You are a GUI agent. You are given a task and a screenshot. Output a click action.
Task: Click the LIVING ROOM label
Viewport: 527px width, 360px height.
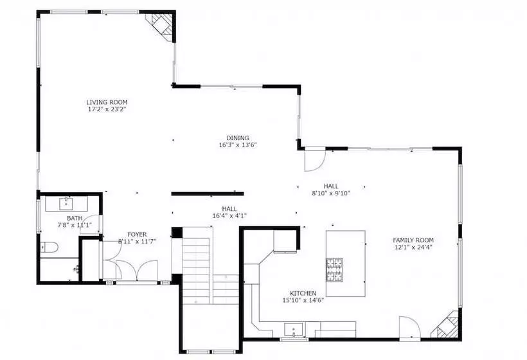tap(107, 102)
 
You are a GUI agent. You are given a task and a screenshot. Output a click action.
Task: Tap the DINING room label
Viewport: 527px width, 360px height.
tap(238, 138)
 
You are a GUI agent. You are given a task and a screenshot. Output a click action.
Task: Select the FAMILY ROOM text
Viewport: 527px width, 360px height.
tap(413, 240)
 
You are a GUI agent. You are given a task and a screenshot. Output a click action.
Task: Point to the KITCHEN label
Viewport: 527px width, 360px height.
tap(303, 293)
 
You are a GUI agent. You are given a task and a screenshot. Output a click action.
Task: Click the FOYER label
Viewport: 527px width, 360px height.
tap(137, 234)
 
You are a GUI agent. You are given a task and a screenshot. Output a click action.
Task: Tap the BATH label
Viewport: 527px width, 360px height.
tap(75, 218)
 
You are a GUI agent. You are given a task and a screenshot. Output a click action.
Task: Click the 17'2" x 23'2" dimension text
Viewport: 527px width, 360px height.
tap(107, 109)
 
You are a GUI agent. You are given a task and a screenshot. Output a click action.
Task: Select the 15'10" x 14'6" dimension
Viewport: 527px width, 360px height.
tap(303, 300)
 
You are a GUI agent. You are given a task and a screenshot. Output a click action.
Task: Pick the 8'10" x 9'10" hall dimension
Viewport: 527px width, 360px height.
tap(331, 194)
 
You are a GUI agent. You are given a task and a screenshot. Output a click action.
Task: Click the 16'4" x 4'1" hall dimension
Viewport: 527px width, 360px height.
tap(229, 216)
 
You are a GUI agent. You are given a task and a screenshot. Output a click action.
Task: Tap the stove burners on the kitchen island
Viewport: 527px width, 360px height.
tap(334, 270)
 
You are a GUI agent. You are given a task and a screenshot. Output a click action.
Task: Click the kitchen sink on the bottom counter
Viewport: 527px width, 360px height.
tap(294, 329)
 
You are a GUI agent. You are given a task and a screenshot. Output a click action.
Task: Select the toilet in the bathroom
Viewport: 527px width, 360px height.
tap(49, 248)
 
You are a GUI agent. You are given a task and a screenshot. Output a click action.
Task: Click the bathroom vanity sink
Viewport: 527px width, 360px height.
tap(66, 203)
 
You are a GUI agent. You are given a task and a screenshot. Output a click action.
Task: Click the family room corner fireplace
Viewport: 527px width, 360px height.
tap(446, 325)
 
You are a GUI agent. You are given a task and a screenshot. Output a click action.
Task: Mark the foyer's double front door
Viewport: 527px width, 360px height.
tap(137, 271)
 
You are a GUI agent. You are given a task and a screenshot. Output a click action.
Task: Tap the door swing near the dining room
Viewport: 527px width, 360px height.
tap(314, 160)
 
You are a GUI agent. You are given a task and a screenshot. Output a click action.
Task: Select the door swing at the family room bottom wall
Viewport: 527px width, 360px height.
tap(409, 328)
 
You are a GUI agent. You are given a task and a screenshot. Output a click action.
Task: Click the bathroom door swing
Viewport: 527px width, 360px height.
tap(93, 223)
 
